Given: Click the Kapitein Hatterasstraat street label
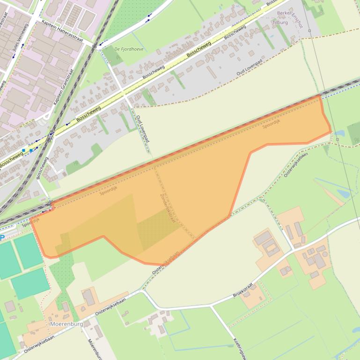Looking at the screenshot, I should pyautogui.click(x=62, y=31).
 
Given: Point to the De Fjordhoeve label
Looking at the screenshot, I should pyautogui.click(x=129, y=49).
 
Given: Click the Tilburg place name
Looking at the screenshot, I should pyautogui.click(x=280, y=22).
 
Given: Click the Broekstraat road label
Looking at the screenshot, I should pyautogui.click(x=246, y=290).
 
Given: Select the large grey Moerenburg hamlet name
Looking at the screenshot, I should pyautogui.click(x=66, y=324).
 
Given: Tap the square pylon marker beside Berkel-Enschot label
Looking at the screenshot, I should pyautogui.click(x=309, y=31).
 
